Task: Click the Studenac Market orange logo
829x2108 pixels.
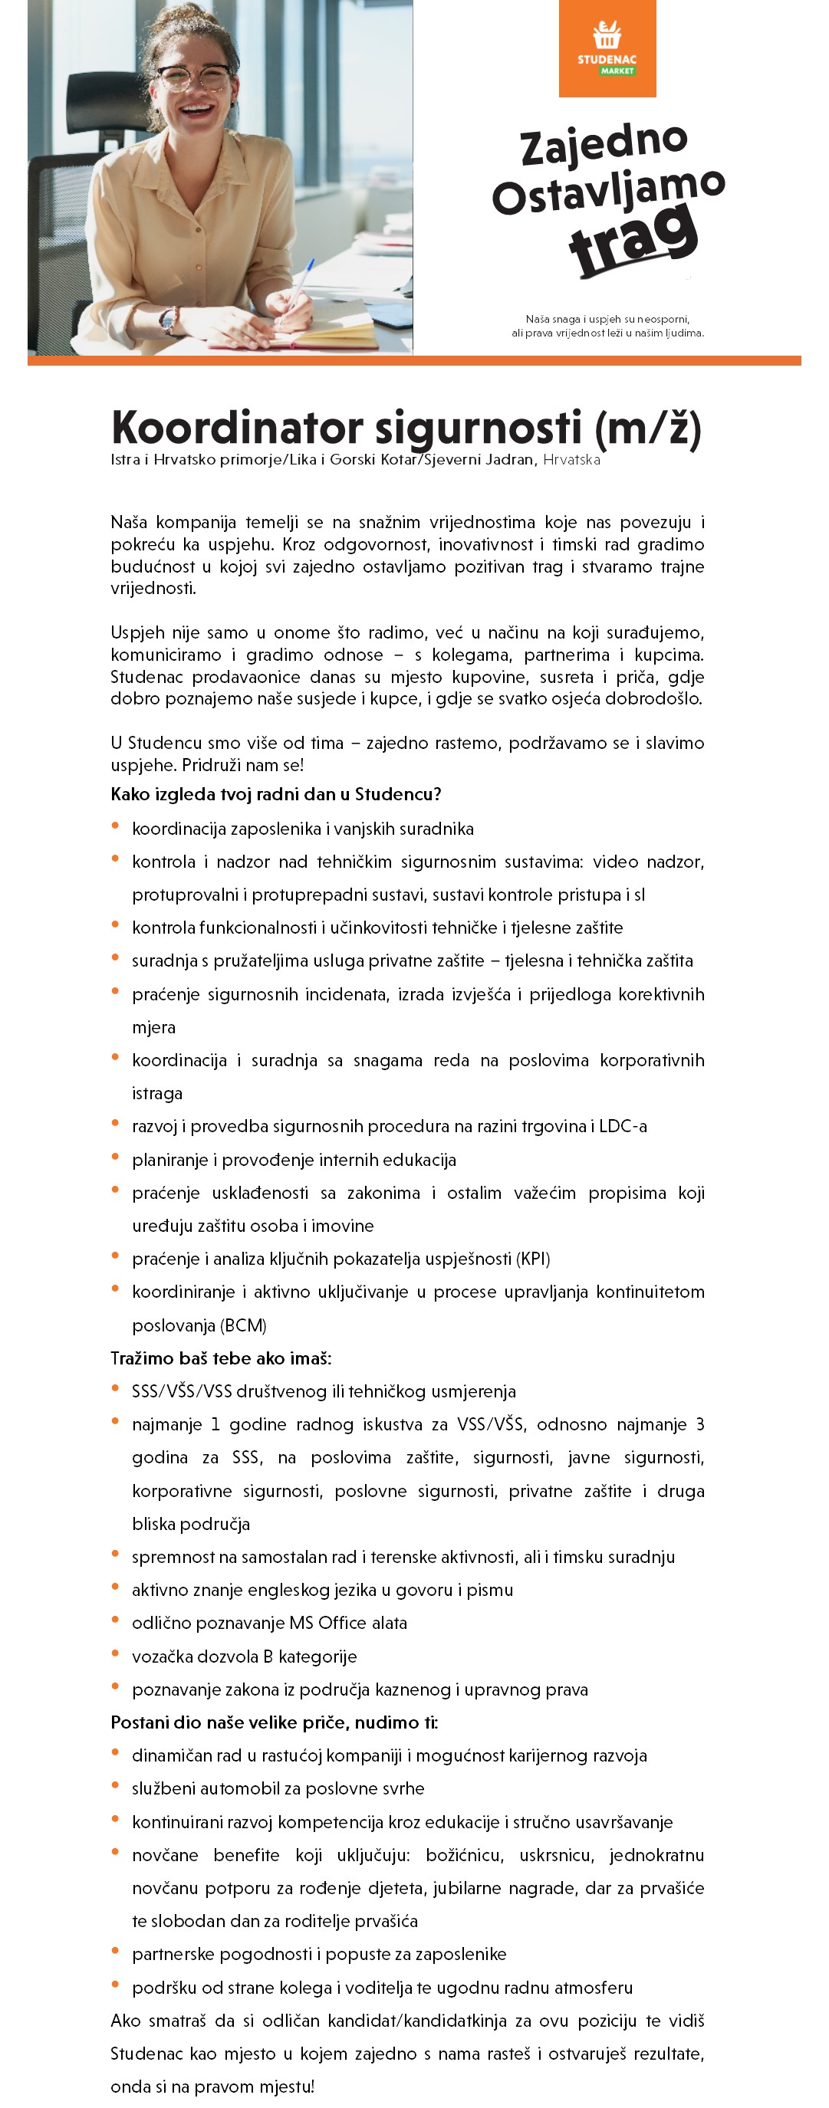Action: click(x=607, y=48)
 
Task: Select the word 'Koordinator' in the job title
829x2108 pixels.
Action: click(x=237, y=427)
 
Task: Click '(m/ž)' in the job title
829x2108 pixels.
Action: click(x=647, y=427)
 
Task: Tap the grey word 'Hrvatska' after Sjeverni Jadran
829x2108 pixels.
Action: click(x=571, y=460)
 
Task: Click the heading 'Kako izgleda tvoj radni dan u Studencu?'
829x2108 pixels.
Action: click(x=276, y=794)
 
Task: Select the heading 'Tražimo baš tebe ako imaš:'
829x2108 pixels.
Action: click(x=221, y=1358)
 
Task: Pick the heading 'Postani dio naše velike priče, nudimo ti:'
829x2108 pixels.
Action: click(x=274, y=1722)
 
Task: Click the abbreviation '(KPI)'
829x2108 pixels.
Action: click(x=533, y=1259)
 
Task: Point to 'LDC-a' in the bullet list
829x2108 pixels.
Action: click(x=623, y=1126)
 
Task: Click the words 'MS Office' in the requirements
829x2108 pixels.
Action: click(x=327, y=1623)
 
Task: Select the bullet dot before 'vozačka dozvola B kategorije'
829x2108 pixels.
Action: click(x=115, y=1654)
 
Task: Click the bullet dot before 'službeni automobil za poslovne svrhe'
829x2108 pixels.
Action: click(x=115, y=1786)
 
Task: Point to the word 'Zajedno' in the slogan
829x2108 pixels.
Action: click(x=604, y=145)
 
